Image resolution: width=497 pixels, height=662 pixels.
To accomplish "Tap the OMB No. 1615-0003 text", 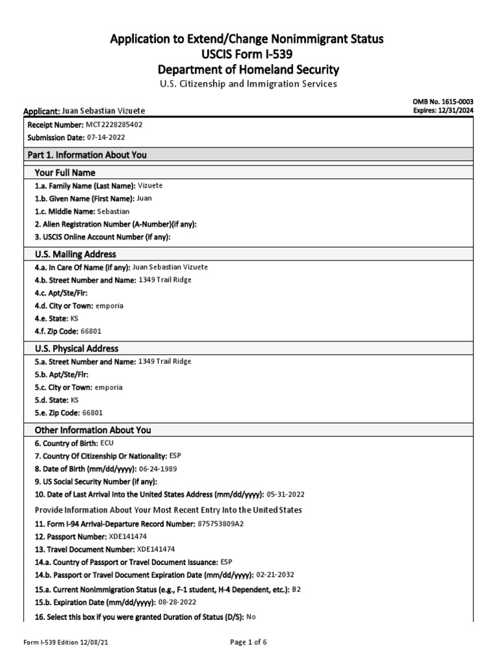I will tap(443, 102).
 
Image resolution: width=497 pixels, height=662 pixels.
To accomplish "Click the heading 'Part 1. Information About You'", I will tap(87, 155).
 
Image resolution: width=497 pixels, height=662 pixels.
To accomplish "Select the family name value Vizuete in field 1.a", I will tap(151, 186).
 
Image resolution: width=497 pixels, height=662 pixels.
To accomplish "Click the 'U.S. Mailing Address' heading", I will tap(76, 254).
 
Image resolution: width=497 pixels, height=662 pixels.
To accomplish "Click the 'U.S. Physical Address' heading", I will tap(76, 348).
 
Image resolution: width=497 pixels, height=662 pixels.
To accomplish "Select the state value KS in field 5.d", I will tap(74, 400).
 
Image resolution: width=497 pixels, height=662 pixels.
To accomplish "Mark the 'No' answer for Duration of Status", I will tap(252, 617).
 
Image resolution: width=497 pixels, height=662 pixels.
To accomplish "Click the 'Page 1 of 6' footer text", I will tap(248, 642).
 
